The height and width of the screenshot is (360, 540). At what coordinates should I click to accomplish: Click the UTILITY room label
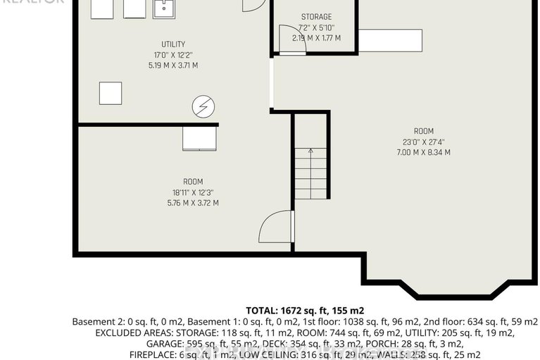tap(172, 44)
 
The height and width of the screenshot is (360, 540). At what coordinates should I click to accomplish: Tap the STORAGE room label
tap(316, 17)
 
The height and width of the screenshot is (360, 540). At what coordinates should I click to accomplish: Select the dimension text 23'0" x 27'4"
tap(423, 142)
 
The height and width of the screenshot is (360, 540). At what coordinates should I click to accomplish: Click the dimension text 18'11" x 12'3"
tap(192, 192)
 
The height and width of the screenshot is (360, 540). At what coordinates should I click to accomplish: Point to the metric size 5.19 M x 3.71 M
tap(172, 66)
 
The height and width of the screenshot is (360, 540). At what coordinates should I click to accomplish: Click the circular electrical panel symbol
tap(203, 107)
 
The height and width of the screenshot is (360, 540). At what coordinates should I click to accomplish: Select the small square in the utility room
tap(110, 93)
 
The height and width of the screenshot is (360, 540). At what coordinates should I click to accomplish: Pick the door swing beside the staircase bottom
tap(275, 227)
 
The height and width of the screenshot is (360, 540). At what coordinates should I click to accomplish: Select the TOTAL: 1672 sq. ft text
tap(304, 310)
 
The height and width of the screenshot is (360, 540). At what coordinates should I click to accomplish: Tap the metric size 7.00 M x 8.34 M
tap(423, 152)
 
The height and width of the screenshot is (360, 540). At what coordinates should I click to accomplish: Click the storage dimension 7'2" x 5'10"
tap(316, 27)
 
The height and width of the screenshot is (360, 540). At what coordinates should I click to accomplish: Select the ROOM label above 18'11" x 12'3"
tap(192, 181)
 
